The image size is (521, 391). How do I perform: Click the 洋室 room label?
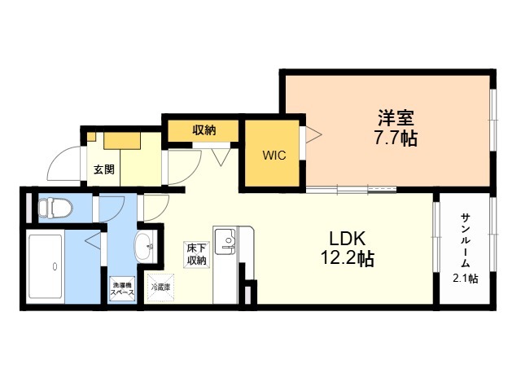click(x=396, y=117)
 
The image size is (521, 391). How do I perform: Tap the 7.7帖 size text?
click(x=396, y=138)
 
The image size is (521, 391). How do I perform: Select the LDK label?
click(x=348, y=238)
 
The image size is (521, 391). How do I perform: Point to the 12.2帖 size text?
click(x=348, y=258)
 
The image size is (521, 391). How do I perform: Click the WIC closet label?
click(x=274, y=156)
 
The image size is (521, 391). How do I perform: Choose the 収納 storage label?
click(x=204, y=130)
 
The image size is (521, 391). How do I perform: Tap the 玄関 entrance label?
click(x=103, y=169)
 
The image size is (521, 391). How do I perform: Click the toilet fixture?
click(x=55, y=209)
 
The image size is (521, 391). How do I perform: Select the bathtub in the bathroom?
click(x=46, y=266)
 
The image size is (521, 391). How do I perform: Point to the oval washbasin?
click(x=143, y=247)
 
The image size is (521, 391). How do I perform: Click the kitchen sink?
click(x=225, y=241)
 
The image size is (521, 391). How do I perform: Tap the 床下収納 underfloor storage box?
click(x=197, y=254)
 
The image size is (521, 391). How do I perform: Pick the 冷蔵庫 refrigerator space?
click(x=160, y=288)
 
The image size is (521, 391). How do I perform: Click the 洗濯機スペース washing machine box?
click(x=122, y=289)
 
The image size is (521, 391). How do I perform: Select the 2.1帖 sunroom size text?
click(x=466, y=279)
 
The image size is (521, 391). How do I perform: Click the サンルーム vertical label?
click(x=466, y=241)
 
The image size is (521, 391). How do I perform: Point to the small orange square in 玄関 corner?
click(x=91, y=136)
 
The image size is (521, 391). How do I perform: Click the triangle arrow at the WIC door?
click(x=314, y=134)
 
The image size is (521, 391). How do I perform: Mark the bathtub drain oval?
click(x=55, y=266)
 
